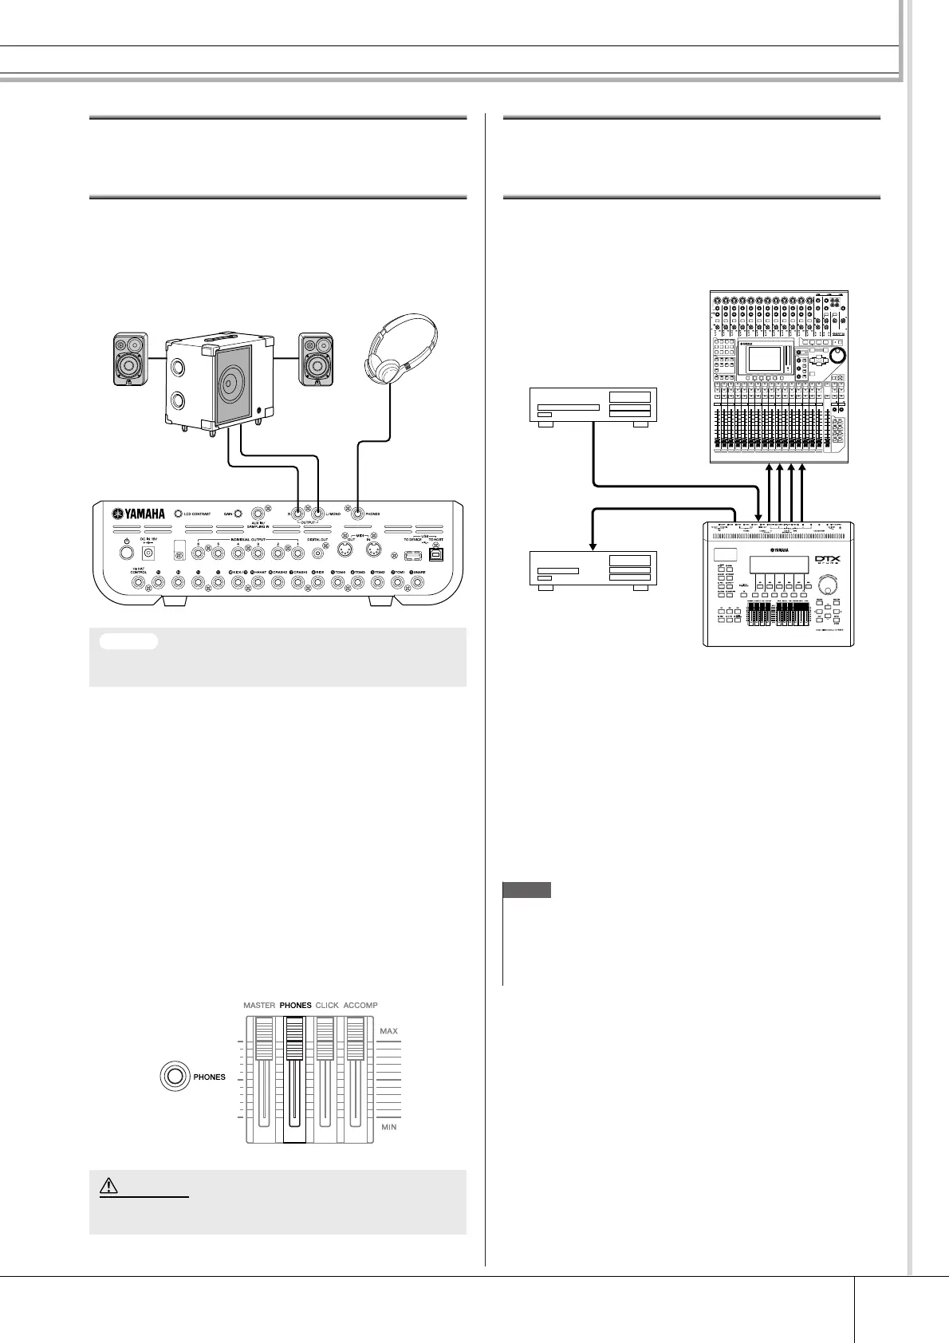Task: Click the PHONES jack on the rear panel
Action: [x=358, y=514]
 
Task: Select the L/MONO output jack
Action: [x=317, y=514]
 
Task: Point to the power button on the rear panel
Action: [x=126, y=552]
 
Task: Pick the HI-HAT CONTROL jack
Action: [x=139, y=583]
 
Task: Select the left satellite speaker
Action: [x=129, y=358]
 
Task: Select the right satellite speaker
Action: [x=315, y=358]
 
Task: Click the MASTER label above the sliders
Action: [x=258, y=1005]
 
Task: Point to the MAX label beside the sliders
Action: [x=388, y=1031]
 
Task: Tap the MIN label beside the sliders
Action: [x=388, y=1127]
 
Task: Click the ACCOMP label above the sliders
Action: [x=360, y=1005]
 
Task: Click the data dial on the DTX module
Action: [x=833, y=586]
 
